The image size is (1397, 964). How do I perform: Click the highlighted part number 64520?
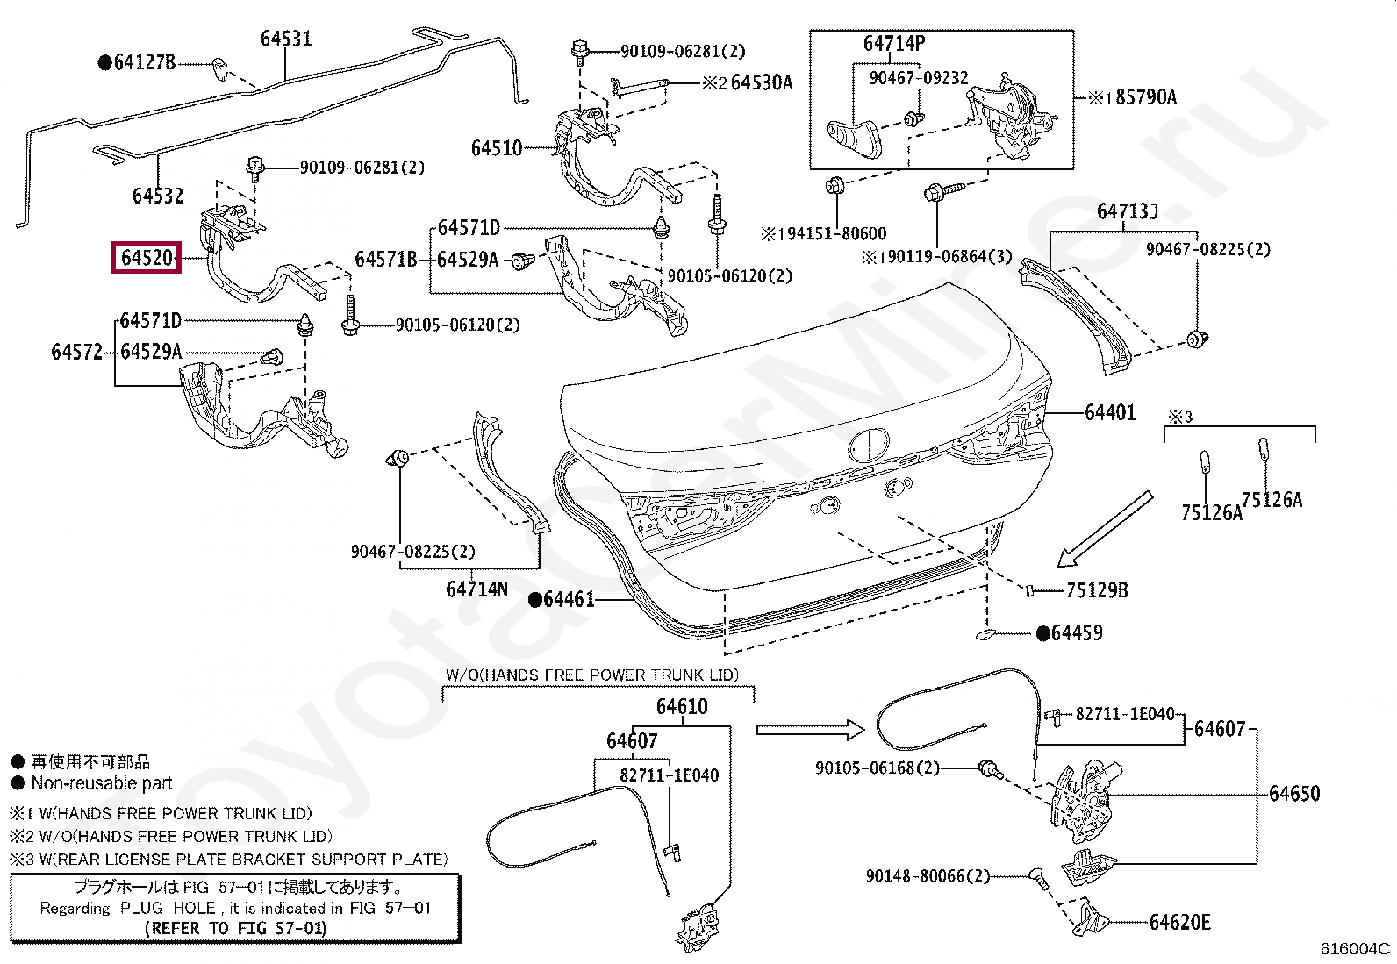click(147, 258)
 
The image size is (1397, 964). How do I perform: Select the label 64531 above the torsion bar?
click(286, 39)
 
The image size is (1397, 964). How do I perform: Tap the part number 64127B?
click(145, 62)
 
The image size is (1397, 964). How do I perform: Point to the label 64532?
click(158, 196)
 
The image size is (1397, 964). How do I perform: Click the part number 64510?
click(497, 148)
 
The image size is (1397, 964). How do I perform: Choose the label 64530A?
click(762, 82)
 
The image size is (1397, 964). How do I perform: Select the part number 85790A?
click(1146, 97)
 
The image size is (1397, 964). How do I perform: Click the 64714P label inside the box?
click(894, 43)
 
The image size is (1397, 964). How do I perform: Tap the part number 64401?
click(1110, 412)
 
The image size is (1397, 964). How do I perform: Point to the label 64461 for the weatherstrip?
click(569, 599)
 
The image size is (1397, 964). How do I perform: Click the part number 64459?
click(1077, 633)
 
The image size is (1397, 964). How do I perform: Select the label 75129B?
click(1097, 589)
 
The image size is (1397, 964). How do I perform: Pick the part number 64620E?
click(1180, 922)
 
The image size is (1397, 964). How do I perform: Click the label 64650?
click(1294, 794)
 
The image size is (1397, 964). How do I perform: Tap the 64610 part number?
click(683, 706)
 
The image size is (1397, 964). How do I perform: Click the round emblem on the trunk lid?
click(869, 446)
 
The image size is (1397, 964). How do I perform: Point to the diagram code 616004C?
click(1355, 948)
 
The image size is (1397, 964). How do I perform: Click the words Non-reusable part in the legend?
click(102, 783)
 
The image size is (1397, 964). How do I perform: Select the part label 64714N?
click(477, 589)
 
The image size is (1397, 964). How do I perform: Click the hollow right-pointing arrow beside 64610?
click(810, 729)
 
